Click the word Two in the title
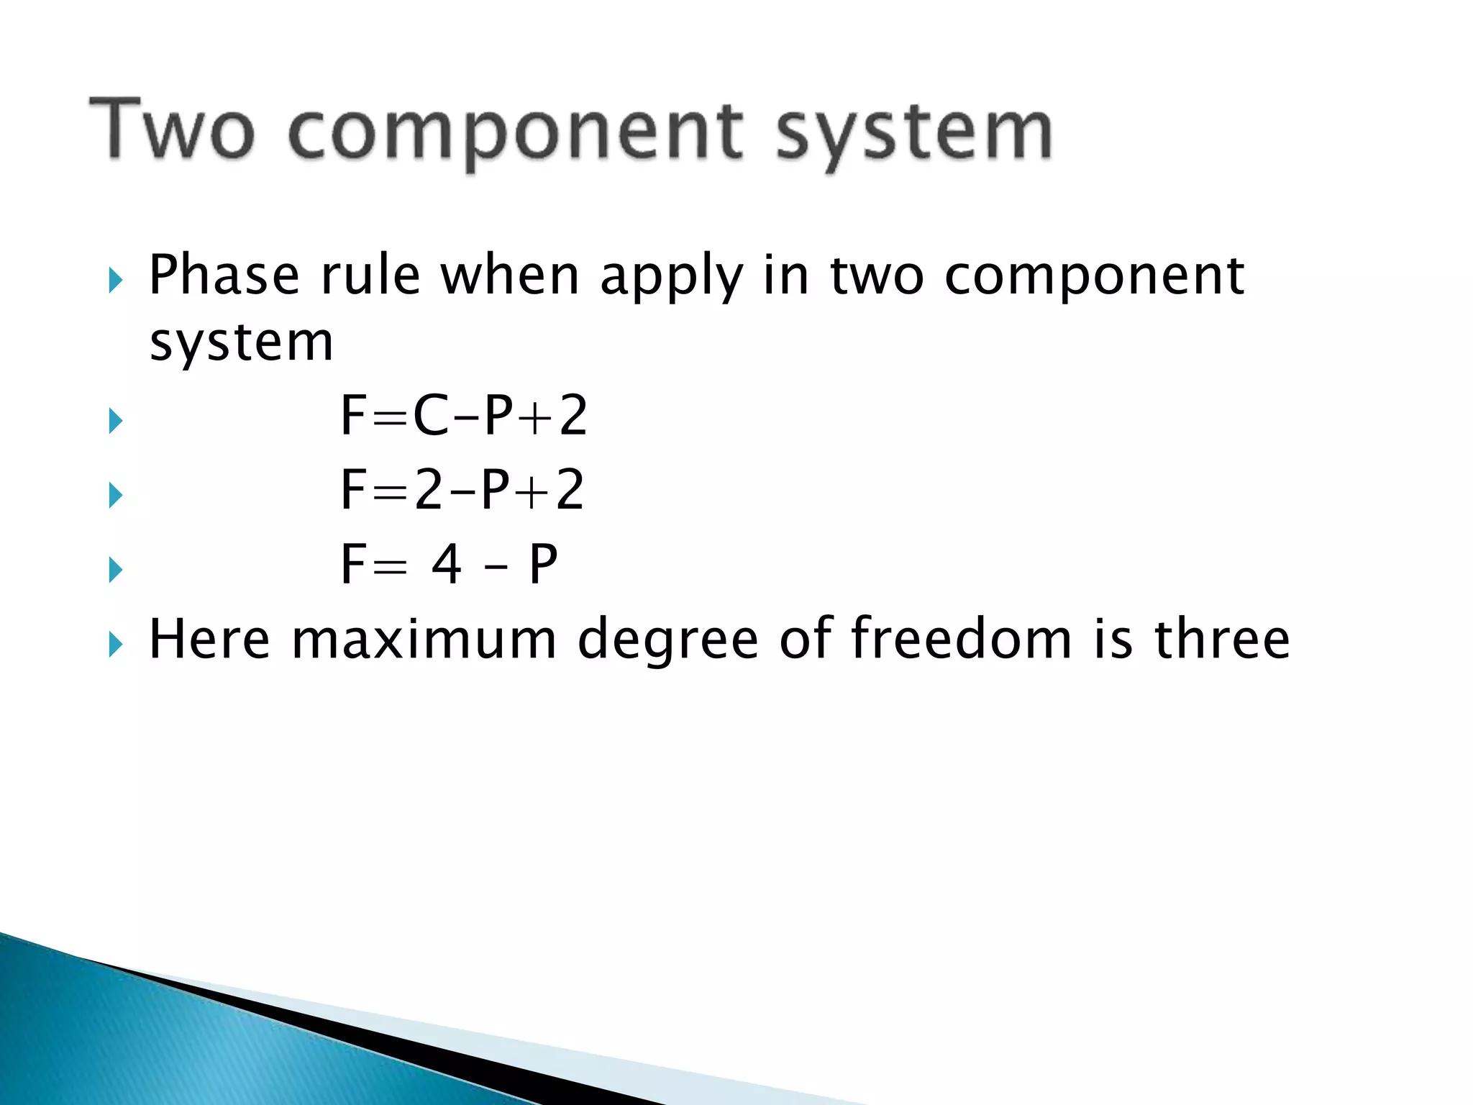[172, 129]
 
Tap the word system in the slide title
[914, 133]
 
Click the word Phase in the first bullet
[224, 276]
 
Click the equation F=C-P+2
[464, 416]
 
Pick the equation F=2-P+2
[462, 490]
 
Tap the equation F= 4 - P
[449, 565]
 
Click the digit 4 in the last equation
[447, 565]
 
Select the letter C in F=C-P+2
[431, 416]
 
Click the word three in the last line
[1222, 638]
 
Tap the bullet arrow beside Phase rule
[115, 280]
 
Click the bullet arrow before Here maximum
[115, 644]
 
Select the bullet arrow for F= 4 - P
[115, 570]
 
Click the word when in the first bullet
[510, 276]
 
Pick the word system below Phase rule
[242, 343]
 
